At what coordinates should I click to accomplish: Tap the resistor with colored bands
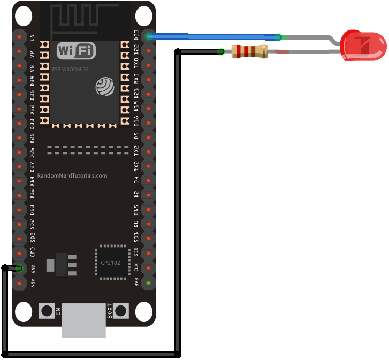pyautogui.click(x=249, y=52)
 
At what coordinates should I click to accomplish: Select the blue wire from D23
pyautogui.click(x=214, y=37)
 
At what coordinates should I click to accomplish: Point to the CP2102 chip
pyautogui.click(x=111, y=262)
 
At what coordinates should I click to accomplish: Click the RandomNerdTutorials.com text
pyautogui.click(x=72, y=175)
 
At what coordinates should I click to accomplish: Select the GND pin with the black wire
pyautogui.click(x=19, y=268)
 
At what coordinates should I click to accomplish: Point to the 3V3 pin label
pyautogui.click(x=136, y=282)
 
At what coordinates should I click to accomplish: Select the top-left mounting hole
pyautogui.click(x=24, y=17)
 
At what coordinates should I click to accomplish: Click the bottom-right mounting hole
pyautogui.click(x=143, y=311)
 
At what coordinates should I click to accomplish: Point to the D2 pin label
pyautogui.click(x=136, y=194)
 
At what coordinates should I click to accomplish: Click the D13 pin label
pyautogui.click(x=33, y=209)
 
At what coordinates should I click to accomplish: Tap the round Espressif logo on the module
pyautogui.click(x=105, y=87)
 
